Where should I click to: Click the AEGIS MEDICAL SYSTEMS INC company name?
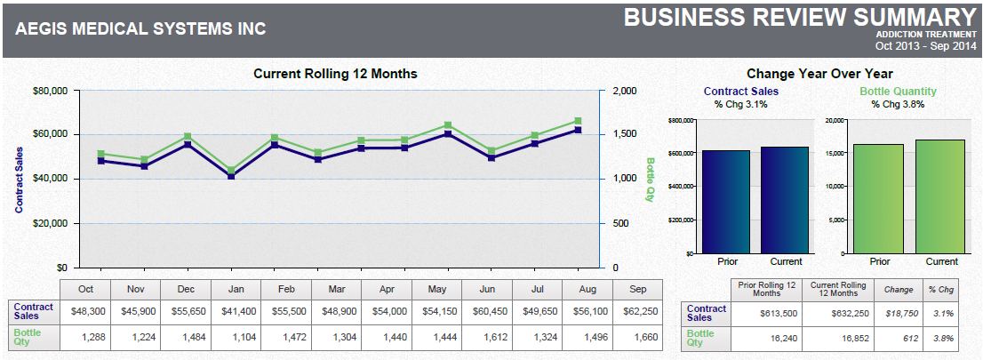click(140, 28)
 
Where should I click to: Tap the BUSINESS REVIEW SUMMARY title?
click(800, 17)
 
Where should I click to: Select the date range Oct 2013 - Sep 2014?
click(925, 45)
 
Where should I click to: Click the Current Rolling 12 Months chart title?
click(335, 74)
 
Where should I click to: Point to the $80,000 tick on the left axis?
click(51, 91)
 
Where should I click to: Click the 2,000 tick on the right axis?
click(625, 91)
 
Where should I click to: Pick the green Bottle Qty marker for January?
click(231, 170)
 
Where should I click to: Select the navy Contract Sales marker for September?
click(578, 130)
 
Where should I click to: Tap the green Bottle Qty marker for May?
click(448, 125)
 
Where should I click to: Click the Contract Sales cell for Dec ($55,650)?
click(186, 312)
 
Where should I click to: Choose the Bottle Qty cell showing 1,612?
click(487, 337)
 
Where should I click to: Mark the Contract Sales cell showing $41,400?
click(236, 312)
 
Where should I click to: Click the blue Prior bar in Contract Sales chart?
click(725, 202)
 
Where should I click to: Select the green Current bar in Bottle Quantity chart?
click(941, 196)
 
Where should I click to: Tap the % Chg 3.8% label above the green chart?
click(898, 104)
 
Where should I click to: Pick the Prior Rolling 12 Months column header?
click(765, 289)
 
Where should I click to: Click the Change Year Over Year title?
click(819, 74)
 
